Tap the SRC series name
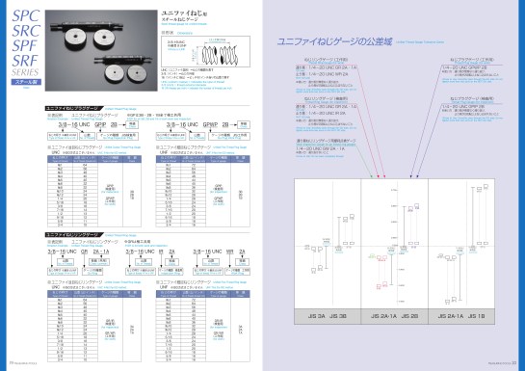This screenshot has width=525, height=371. pos(25,36)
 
